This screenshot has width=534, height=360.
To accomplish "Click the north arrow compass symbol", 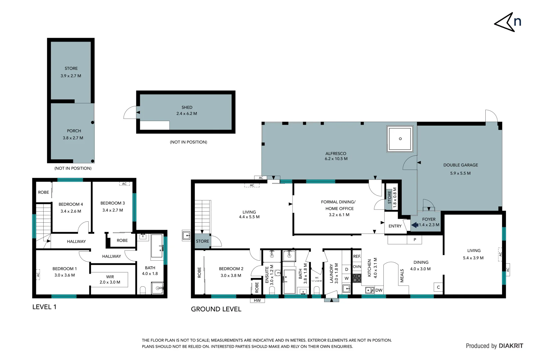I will click(507, 22).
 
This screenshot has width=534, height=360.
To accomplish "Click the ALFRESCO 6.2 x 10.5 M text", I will click(336, 156).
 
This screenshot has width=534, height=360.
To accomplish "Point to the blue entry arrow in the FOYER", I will click(415, 225).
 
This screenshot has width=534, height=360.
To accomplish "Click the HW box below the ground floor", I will click(257, 300).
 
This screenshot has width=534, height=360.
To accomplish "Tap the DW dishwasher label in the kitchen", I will click(379, 290).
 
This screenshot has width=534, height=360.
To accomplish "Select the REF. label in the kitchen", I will click(357, 256).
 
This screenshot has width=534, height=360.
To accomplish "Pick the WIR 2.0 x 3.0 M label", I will click(110, 279).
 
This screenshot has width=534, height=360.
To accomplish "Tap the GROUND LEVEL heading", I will click(216, 309).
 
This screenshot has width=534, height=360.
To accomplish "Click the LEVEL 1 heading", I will click(44, 307).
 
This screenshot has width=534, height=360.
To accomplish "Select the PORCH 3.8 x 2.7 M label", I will click(73, 134).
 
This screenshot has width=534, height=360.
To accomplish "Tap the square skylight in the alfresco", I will click(400, 139).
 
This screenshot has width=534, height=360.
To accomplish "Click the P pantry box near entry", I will click(415, 240).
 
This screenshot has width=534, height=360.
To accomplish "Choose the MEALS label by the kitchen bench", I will click(402, 276).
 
